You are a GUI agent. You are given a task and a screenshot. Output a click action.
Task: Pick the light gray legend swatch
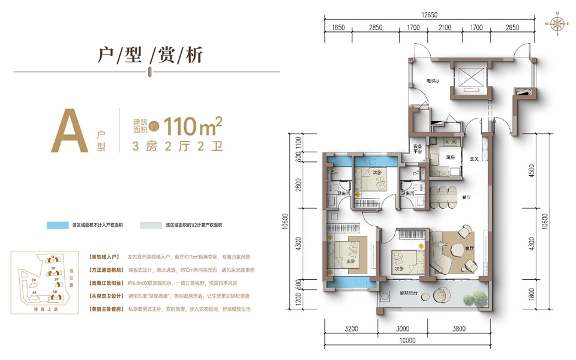[152, 225]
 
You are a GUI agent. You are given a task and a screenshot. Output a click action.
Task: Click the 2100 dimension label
[445, 28]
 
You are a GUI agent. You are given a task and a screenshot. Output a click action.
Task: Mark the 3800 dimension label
[459, 328]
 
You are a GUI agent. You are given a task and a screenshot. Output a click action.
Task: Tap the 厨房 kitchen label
[450, 157]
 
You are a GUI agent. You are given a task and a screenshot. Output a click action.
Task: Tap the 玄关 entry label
[474, 158]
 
